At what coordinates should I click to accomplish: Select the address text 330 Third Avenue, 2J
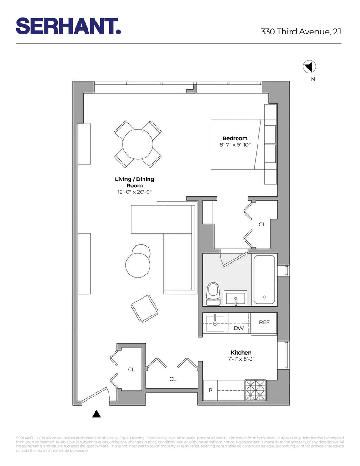coord(301,32)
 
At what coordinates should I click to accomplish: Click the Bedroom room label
coord(235,138)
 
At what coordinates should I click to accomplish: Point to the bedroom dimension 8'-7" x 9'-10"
coord(235,145)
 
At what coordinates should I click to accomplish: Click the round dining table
coord(138,144)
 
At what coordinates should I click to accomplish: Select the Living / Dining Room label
coord(134,182)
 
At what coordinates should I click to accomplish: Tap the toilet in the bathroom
coord(214,293)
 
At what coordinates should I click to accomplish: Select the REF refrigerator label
coord(264,322)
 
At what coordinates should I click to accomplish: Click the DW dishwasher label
coord(238,329)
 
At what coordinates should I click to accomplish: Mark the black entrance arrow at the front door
coord(96,413)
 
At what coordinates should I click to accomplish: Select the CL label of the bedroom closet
coord(262,225)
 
